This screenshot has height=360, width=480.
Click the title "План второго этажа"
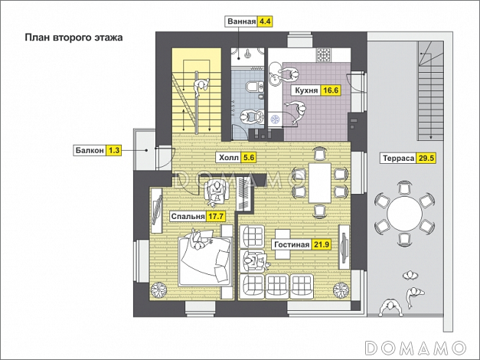point(73,38)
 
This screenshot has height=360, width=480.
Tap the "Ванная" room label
point(241,21)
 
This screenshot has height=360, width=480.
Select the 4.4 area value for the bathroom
point(265,21)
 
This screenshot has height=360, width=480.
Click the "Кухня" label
point(306,90)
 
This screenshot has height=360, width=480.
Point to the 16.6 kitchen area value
point(331,90)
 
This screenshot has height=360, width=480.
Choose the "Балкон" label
point(90,150)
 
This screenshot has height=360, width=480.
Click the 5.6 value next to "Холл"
point(249,158)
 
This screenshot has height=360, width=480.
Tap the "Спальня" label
point(188,217)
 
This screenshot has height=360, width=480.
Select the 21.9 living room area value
point(322,244)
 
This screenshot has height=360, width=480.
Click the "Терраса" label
point(399,159)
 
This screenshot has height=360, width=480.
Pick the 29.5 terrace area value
point(426,159)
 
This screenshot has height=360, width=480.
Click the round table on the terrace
point(404,213)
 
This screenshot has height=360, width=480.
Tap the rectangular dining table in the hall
point(319,183)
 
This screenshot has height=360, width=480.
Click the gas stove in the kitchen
point(324,55)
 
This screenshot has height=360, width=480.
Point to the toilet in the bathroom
point(254,87)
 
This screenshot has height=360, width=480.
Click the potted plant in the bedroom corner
point(158,290)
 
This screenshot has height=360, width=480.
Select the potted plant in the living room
point(341,290)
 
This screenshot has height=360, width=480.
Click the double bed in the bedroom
point(204,260)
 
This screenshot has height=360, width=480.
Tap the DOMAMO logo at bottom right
point(416,348)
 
